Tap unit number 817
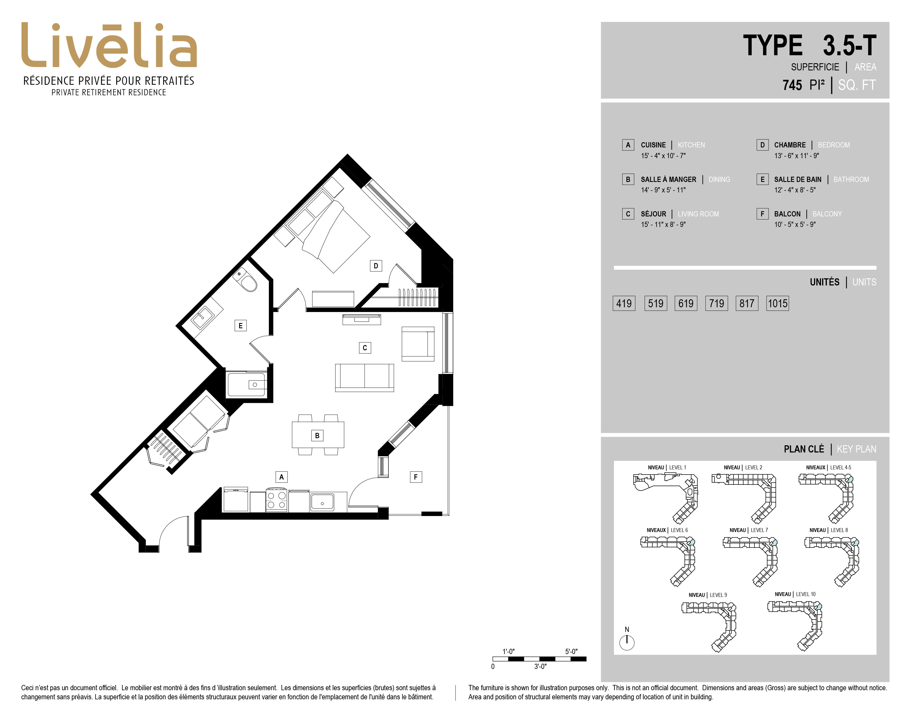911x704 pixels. [747, 303]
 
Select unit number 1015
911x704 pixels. [777, 303]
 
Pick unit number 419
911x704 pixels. [624, 303]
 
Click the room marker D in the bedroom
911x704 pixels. [376, 266]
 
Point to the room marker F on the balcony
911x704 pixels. [415, 477]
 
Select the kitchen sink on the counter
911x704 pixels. [322, 502]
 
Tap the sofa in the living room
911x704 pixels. [365, 377]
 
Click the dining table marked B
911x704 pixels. [318, 435]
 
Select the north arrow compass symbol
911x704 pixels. [627, 642]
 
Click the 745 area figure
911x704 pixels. [792, 85]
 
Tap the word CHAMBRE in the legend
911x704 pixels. [790, 145]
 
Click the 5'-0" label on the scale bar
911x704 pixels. [571, 652]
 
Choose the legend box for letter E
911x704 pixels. [762, 179]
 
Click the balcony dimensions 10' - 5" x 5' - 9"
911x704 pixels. [795, 224]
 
